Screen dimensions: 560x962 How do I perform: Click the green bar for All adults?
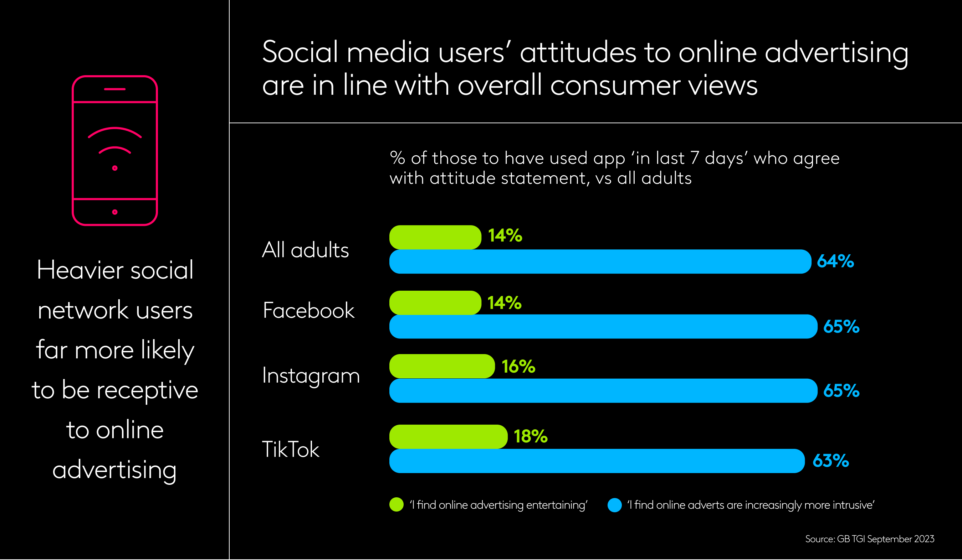(x=435, y=237)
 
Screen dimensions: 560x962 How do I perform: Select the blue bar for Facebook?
(x=603, y=327)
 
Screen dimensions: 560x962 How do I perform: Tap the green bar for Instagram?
(x=442, y=366)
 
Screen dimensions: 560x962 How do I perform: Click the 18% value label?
(x=531, y=436)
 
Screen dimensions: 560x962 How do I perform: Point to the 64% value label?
(x=835, y=262)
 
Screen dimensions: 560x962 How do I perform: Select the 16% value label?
(x=518, y=367)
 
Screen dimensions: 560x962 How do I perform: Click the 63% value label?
(x=831, y=461)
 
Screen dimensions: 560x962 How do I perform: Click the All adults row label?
(x=306, y=250)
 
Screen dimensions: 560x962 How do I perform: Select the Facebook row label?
(x=308, y=310)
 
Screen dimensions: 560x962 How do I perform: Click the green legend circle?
(x=396, y=505)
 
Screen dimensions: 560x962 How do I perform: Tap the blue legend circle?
(x=615, y=505)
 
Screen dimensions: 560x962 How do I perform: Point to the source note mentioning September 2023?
(x=870, y=539)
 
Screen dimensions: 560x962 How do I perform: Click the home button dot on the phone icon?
(x=115, y=212)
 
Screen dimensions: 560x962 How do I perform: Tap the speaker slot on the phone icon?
(x=115, y=89)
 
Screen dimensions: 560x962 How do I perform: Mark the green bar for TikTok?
(x=448, y=437)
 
